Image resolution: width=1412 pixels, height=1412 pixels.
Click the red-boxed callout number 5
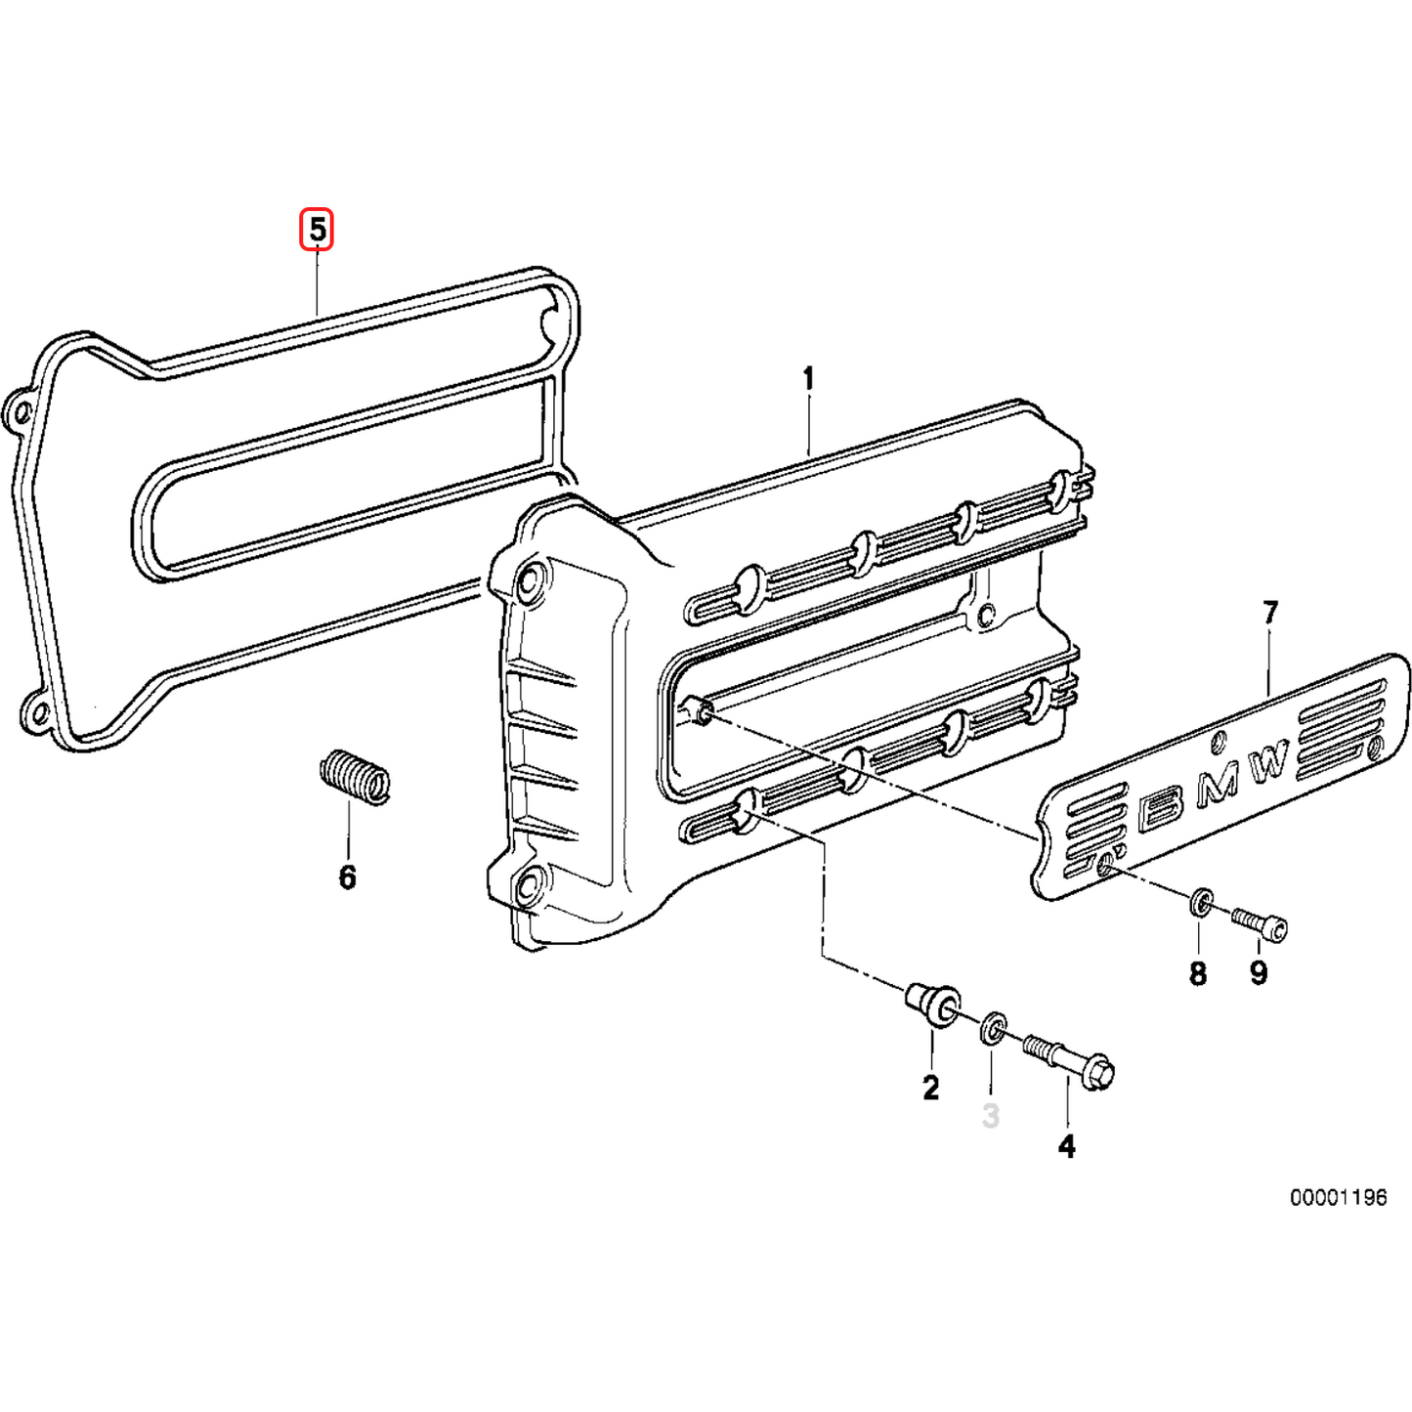317,231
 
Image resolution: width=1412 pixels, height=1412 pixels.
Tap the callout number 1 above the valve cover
808,378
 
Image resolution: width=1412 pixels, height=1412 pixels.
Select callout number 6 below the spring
348,877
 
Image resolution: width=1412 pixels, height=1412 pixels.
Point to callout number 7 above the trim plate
1269,614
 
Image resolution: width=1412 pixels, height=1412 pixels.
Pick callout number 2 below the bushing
930,1087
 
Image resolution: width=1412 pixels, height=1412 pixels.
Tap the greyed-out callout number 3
991,1115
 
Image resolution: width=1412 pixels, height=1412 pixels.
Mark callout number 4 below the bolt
1067,1145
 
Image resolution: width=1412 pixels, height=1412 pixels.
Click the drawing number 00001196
1338,1197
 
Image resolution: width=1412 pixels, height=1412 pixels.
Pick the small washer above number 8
1201,903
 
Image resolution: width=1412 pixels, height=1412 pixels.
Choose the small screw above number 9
1261,922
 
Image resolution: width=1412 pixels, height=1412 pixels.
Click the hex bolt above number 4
1071,1062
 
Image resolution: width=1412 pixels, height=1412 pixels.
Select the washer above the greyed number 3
993,1028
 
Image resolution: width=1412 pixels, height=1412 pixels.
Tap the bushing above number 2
931,1006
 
